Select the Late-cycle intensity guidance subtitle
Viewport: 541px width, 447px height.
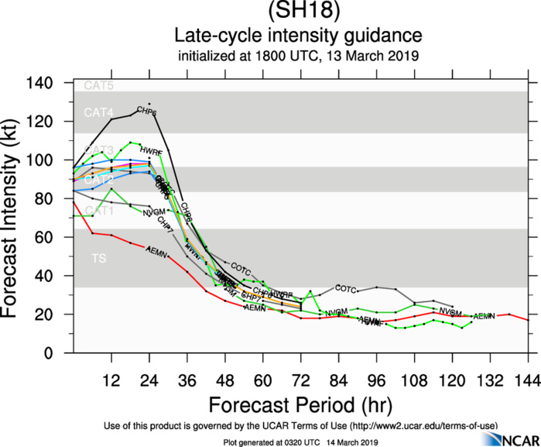tap(298, 36)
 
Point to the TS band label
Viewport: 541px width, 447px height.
tap(99, 258)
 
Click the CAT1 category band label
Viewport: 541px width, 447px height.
tap(99, 210)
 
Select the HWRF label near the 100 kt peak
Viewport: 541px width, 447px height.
tap(150, 151)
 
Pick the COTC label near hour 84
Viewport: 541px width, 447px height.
tap(345, 289)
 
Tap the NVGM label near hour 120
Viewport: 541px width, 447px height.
tap(450, 311)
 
